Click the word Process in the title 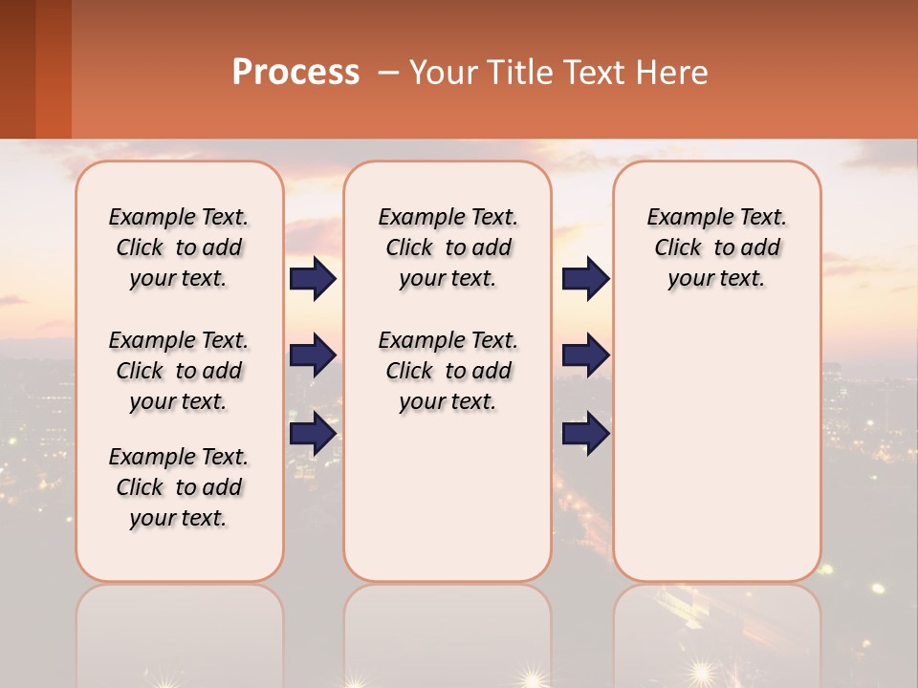click(x=295, y=73)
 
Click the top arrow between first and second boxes click(x=313, y=278)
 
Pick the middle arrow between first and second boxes click(x=313, y=355)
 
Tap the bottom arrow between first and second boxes click(x=313, y=433)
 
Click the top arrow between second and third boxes click(x=585, y=278)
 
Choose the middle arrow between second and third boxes click(x=585, y=355)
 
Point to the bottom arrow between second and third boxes click(x=585, y=433)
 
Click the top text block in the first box click(x=179, y=247)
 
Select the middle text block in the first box click(x=179, y=371)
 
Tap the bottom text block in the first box click(x=179, y=487)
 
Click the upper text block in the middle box click(x=448, y=247)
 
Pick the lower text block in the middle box click(x=448, y=371)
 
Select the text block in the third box click(x=716, y=247)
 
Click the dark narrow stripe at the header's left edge click(x=17, y=69)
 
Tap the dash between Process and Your click(x=388, y=74)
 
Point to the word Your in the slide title click(x=443, y=73)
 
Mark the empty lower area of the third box click(x=716, y=440)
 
